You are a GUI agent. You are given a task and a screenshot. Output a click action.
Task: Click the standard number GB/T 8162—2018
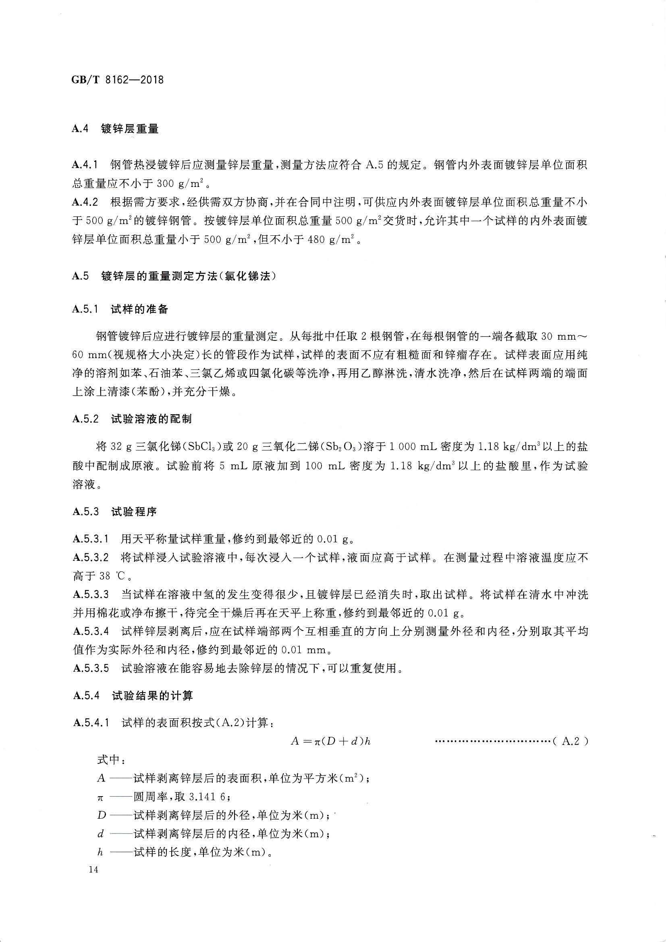tap(118, 79)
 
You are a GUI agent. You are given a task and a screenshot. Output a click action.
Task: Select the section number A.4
tap(81, 129)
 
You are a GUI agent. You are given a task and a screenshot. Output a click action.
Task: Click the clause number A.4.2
tap(85, 202)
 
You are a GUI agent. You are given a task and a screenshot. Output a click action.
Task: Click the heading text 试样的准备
tap(139, 309)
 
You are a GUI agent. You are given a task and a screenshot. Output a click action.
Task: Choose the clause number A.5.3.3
tap(91, 594)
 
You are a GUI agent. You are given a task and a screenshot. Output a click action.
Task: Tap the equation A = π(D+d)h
tap(331, 741)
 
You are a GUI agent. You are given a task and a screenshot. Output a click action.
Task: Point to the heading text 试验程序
tap(134, 512)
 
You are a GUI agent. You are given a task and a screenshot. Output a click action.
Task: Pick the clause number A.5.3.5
tap(91, 668)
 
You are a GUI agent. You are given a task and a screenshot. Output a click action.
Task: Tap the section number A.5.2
tap(85, 419)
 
